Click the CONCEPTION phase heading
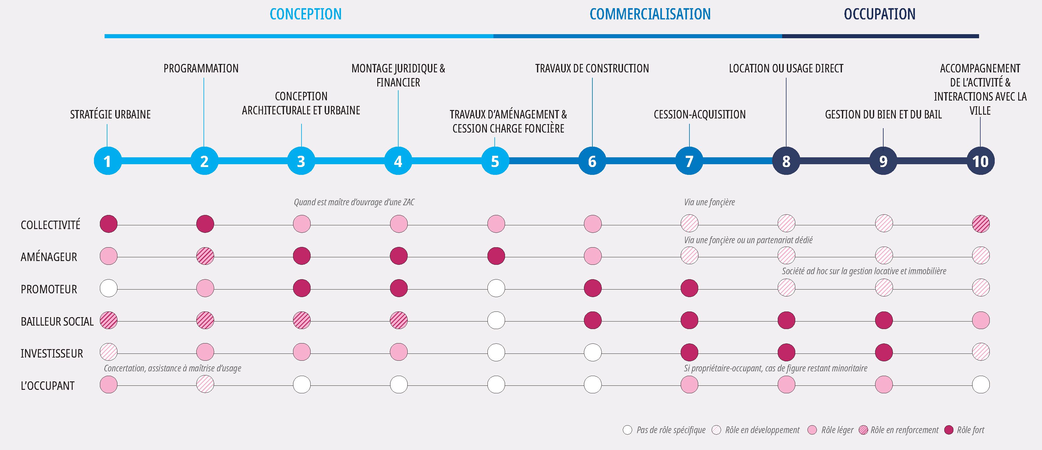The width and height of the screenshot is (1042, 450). (x=305, y=14)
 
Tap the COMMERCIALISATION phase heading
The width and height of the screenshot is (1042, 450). (x=650, y=14)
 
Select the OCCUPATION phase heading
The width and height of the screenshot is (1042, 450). (x=880, y=14)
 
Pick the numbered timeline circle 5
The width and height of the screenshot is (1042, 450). (x=495, y=161)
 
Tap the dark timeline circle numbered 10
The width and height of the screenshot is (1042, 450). (x=980, y=161)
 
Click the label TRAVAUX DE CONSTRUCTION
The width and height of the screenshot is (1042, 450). (x=592, y=68)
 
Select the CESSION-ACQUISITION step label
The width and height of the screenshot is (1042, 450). (x=699, y=114)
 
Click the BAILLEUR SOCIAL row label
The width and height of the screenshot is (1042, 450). (x=57, y=321)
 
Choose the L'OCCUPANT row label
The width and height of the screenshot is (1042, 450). (x=48, y=386)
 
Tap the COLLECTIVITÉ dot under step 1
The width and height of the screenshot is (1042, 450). (x=108, y=224)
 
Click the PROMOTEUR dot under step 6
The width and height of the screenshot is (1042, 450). (x=593, y=288)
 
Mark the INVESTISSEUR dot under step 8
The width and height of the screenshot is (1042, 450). (x=787, y=352)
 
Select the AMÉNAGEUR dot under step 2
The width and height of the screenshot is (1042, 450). (x=205, y=256)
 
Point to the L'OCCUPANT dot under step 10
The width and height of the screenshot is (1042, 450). (x=981, y=385)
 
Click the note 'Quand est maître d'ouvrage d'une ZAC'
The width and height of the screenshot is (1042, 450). (x=354, y=202)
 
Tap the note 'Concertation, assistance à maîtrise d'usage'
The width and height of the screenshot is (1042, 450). (x=172, y=368)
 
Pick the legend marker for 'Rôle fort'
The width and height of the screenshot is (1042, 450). (x=949, y=430)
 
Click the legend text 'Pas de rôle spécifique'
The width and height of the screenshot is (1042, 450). (x=671, y=430)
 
